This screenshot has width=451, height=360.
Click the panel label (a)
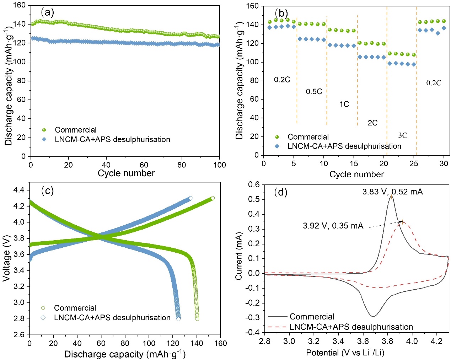(x=47, y=13)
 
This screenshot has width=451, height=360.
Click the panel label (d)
(x=281, y=192)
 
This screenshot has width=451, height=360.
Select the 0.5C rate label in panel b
(x=314, y=92)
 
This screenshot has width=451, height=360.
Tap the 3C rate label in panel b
(x=402, y=135)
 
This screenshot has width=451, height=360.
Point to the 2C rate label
(x=372, y=123)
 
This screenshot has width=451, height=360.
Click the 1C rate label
(x=344, y=104)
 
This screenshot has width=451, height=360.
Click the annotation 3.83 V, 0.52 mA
(x=392, y=192)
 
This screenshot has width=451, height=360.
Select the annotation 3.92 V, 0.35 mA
(x=333, y=226)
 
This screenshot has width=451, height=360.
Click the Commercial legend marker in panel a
(x=44, y=130)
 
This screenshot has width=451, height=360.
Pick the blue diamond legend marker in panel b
(x=277, y=146)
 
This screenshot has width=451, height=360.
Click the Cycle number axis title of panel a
(x=126, y=173)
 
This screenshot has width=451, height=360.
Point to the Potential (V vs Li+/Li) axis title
(x=345, y=353)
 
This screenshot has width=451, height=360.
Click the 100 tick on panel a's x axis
(x=220, y=165)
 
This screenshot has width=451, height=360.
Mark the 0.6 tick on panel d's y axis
(x=254, y=184)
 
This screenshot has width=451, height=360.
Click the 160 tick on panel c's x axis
(x=221, y=343)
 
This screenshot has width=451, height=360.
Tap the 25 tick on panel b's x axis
(x=414, y=163)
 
